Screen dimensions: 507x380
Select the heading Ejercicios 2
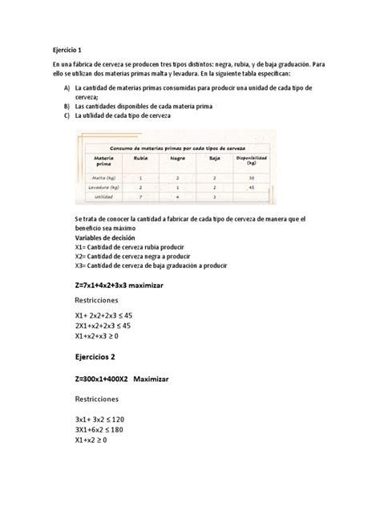click(85, 358)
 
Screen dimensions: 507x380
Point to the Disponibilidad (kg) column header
click(251, 160)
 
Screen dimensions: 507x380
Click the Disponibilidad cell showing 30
click(251, 177)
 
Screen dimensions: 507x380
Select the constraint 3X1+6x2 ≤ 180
click(95, 430)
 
